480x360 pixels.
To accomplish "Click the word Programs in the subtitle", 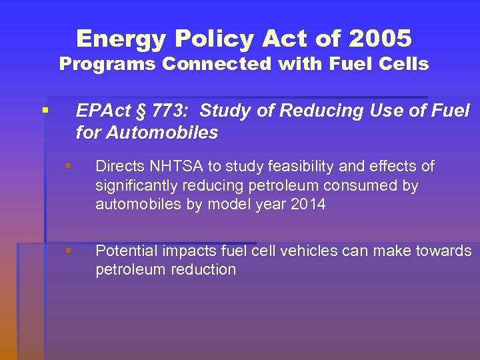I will tap(108, 64).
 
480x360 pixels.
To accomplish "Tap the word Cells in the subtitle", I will tap(404, 64).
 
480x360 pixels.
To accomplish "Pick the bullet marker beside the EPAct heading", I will tap(45, 109).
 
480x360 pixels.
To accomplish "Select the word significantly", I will tap(136, 185).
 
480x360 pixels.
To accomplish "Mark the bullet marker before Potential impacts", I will tap(67, 251).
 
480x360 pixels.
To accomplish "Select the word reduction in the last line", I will tap(204, 270).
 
